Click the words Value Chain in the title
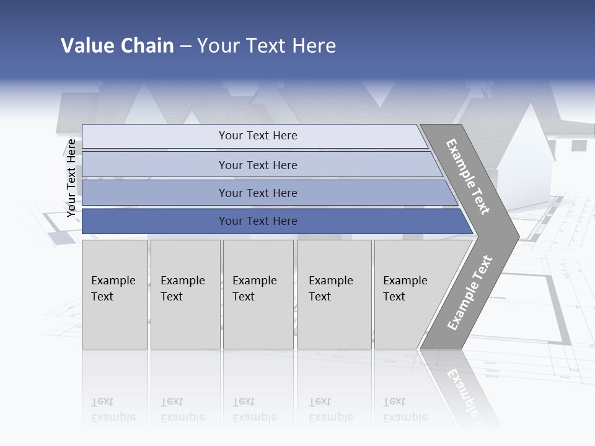117,46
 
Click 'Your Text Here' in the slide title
267,46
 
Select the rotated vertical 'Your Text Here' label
71,178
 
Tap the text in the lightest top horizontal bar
258,136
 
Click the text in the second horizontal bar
258,165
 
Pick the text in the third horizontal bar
258,193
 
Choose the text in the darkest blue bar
258,221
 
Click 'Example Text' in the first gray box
113,289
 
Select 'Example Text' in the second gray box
182,289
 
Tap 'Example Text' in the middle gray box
254,289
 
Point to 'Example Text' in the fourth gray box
330,289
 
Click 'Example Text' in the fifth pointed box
405,289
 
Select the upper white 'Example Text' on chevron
468,177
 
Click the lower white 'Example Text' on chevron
469,293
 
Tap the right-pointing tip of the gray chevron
516,236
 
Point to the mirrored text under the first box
113,409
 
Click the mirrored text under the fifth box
405,409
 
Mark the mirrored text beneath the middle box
254,409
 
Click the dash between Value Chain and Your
185,46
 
